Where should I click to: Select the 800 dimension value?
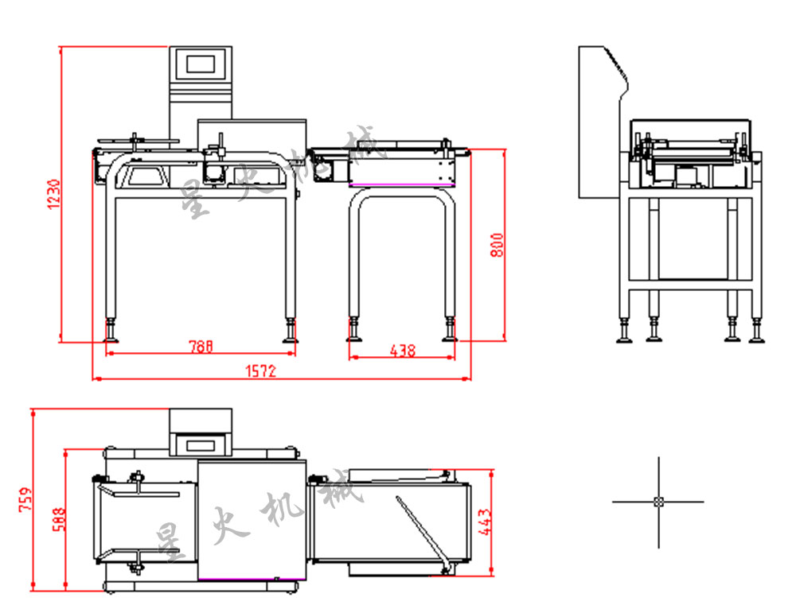coord(496,244)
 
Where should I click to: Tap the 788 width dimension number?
coord(201,347)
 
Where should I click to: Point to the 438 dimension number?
coord(402,351)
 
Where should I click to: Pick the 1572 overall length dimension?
coord(259,371)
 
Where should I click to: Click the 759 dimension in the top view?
coord(25,498)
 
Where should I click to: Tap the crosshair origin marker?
coord(658,502)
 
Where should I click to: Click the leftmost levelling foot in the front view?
coord(111,333)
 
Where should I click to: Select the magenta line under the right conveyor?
coord(400,184)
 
